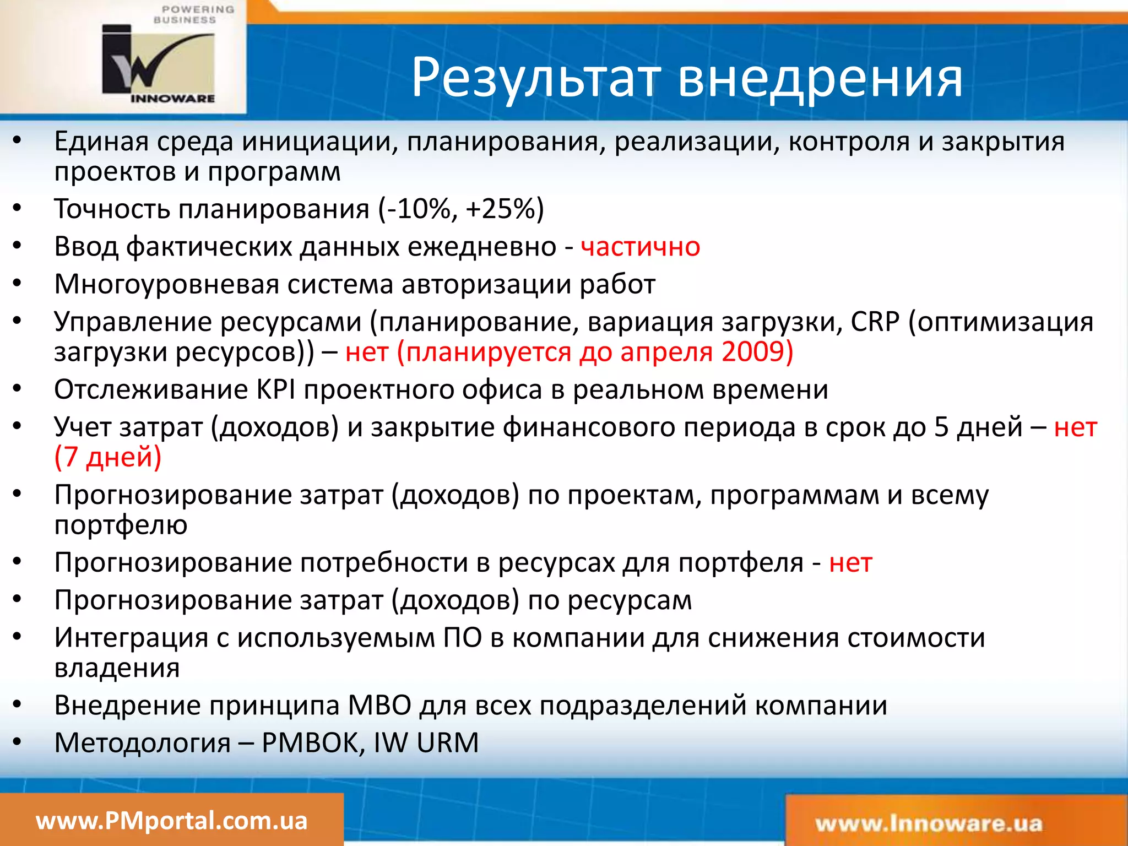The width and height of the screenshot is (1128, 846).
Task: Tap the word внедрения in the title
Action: click(820, 78)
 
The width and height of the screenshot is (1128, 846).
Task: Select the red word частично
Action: click(640, 247)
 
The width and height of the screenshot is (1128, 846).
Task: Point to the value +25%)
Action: click(505, 209)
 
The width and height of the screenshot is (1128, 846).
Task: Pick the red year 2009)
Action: click(757, 352)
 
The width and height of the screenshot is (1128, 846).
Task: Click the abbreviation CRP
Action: click(875, 322)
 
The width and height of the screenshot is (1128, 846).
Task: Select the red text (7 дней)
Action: click(108, 457)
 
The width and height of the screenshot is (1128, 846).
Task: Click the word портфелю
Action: click(121, 525)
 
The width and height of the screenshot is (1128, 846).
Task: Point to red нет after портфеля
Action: click(850, 563)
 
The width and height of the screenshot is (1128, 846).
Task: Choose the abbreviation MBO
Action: click(379, 706)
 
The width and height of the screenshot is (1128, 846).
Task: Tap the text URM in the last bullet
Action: click(447, 743)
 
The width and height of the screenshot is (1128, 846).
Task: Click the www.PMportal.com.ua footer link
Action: click(171, 821)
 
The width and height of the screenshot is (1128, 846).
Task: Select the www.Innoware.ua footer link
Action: click(929, 824)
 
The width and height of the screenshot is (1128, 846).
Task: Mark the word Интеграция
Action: click(131, 638)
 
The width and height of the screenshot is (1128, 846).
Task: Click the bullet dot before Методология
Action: click(17, 742)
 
